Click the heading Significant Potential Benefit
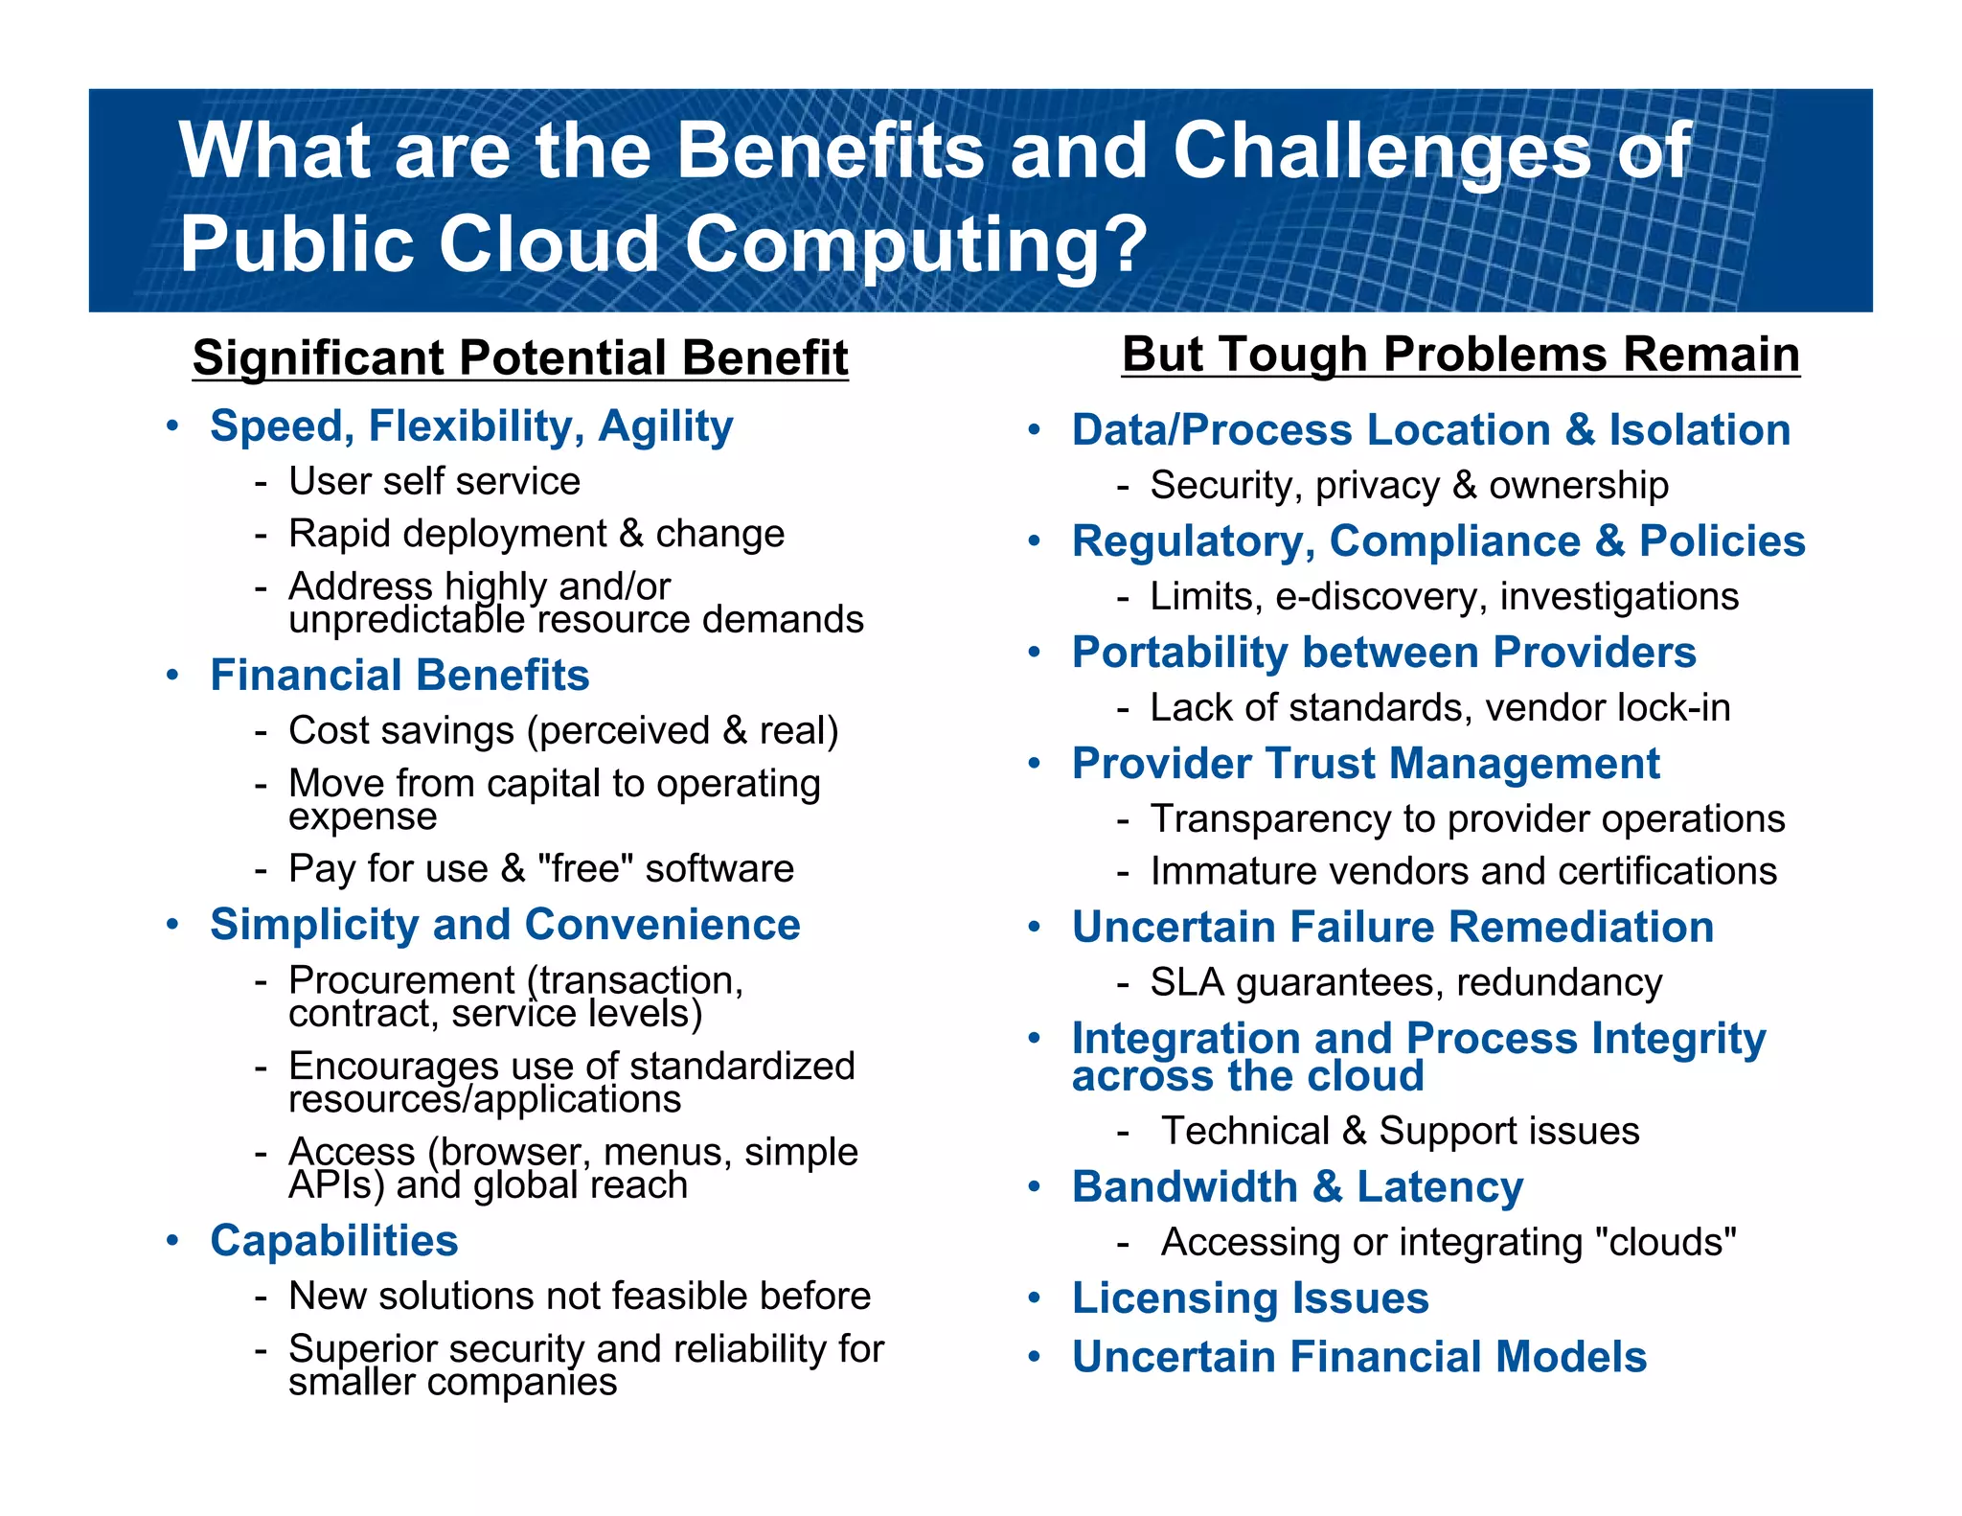point(520,357)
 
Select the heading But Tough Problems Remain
point(1460,355)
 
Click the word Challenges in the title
point(1380,150)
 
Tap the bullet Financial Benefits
point(399,676)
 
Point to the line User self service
point(434,481)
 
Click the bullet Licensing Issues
point(1250,1298)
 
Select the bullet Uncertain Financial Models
point(1358,1357)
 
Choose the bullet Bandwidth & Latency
point(1297,1187)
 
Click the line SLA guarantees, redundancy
point(1405,982)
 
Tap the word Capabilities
point(334,1241)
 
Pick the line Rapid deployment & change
point(536,534)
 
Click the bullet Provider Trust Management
point(1365,764)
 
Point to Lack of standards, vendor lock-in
point(1440,708)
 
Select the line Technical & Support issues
point(1400,1131)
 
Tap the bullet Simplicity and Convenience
point(505,926)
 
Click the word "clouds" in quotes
point(1665,1242)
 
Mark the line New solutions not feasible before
point(580,1297)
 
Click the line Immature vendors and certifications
point(1463,871)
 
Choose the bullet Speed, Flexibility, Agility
point(471,426)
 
